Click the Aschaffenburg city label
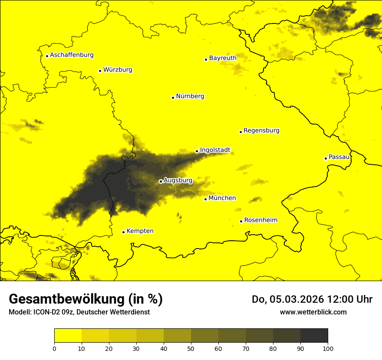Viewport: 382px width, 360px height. click(x=72, y=55)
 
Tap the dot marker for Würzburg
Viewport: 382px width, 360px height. click(x=100, y=71)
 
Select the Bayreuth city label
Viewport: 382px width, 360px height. click(x=223, y=58)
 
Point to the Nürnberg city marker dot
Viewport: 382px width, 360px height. click(x=173, y=98)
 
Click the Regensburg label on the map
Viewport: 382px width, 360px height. click(x=261, y=130)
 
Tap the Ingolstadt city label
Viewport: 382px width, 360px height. click(x=215, y=150)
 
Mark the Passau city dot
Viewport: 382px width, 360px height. click(x=326, y=158)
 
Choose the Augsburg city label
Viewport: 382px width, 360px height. click(x=178, y=180)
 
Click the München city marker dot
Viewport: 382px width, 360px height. click(x=205, y=199)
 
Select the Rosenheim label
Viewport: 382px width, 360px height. click(x=260, y=220)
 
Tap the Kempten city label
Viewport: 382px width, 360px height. click(x=140, y=231)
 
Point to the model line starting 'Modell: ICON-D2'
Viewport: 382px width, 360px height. click(x=79, y=312)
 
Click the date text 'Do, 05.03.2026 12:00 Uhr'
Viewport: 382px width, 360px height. click(x=312, y=299)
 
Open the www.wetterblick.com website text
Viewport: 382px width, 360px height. click(x=313, y=312)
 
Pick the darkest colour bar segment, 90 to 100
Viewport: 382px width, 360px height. click(x=314, y=335)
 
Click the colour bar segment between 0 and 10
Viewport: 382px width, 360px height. click(x=68, y=335)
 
